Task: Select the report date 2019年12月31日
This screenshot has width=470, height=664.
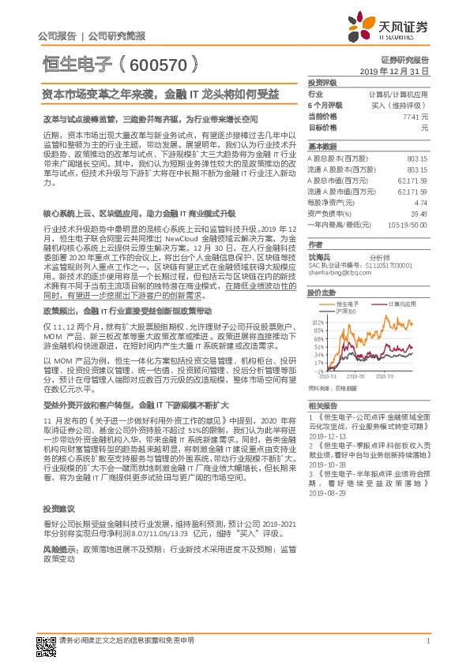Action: [400, 71]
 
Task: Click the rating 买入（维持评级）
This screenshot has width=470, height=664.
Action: [399, 105]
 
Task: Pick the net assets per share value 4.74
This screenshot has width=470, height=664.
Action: [420, 202]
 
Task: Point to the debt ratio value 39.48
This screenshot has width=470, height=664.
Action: [419, 213]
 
